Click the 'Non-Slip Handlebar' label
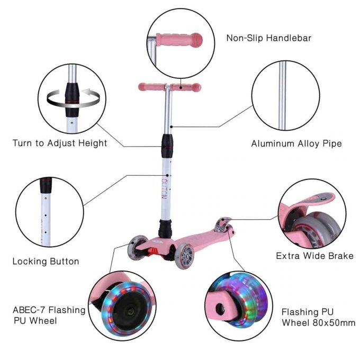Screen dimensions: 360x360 (268, 38)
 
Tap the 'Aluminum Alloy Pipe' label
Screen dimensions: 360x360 (296, 144)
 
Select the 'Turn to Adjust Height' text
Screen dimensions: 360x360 (60, 143)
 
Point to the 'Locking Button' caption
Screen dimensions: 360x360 (46, 262)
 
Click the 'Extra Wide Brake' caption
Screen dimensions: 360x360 (314, 256)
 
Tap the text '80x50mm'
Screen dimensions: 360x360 (334, 323)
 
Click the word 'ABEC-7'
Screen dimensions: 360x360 (29, 310)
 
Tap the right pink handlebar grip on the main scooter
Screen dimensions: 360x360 (186, 87)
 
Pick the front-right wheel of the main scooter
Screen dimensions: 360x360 (185, 256)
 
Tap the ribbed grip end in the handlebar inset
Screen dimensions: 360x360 (197, 40)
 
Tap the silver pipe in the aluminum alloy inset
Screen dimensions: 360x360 (282, 95)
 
